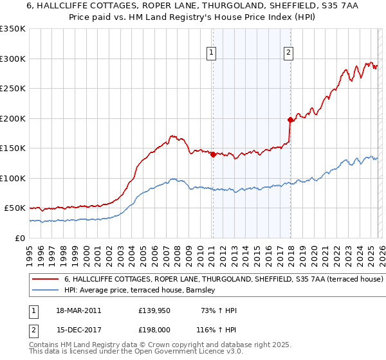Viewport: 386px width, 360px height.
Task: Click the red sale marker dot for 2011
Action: click(x=213, y=154)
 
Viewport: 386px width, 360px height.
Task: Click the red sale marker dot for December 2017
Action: click(x=290, y=119)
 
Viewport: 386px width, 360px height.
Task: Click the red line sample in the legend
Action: click(x=45, y=280)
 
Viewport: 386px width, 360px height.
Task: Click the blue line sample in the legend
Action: click(x=45, y=291)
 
